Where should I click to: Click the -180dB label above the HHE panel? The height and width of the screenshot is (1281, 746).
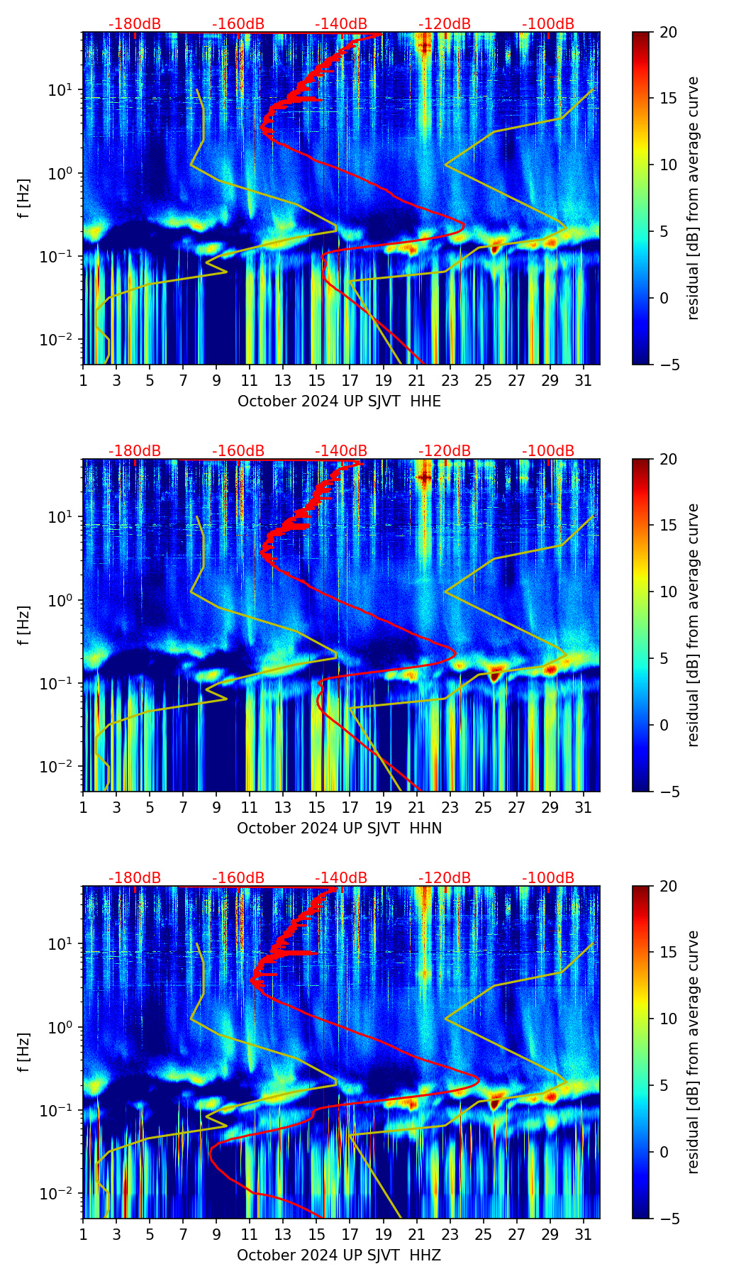pos(135,24)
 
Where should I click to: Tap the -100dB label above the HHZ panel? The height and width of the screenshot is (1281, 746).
pos(548,878)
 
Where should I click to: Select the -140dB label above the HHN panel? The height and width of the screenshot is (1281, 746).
pos(341,451)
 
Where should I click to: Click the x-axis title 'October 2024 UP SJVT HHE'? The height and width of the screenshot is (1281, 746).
pos(339,401)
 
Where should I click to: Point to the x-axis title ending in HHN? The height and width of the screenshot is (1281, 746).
pos(339,828)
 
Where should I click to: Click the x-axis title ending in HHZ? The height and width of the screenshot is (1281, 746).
pos(339,1255)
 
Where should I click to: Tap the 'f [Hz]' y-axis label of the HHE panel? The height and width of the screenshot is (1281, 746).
pos(25,199)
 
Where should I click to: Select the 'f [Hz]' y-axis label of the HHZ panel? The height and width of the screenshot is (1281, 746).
pos(25,1053)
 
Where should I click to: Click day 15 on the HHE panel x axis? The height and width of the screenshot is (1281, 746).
pos(317,380)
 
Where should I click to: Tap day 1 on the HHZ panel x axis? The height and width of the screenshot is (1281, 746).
pos(84,1236)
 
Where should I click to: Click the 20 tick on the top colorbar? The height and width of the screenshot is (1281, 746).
pos(668,33)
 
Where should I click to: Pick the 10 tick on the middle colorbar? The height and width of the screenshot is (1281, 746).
pos(668,592)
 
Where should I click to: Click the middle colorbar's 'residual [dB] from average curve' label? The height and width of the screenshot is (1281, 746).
pos(694,625)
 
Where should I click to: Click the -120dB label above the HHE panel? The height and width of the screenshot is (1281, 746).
pos(445,24)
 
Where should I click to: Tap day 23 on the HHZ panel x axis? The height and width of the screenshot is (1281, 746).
pos(450,1236)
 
